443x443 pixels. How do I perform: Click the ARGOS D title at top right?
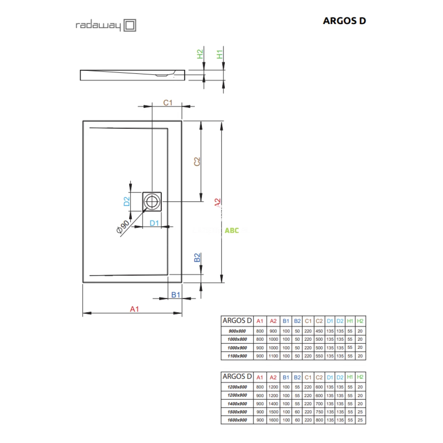(344, 21)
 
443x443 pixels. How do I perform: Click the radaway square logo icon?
(130, 25)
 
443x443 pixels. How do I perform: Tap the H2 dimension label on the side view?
(200, 54)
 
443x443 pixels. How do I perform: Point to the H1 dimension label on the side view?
(220, 54)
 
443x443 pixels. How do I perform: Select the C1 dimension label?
(168, 103)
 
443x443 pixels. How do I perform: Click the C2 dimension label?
(197, 161)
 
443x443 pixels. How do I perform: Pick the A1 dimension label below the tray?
(134, 309)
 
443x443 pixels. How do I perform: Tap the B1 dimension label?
(176, 295)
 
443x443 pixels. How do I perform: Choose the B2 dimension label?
(198, 257)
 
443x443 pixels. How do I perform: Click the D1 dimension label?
(154, 223)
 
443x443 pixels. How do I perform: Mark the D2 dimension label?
(127, 202)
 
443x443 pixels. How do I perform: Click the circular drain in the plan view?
(151, 202)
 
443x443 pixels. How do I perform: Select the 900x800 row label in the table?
(237, 331)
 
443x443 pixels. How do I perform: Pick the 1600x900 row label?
(237, 420)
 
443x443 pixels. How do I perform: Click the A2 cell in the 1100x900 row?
(273, 356)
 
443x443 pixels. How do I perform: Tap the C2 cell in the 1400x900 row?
(319, 404)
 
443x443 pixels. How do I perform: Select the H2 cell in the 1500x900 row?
(360, 412)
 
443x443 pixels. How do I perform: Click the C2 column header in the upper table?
(319, 321)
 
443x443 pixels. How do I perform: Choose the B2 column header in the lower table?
(297, 377)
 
